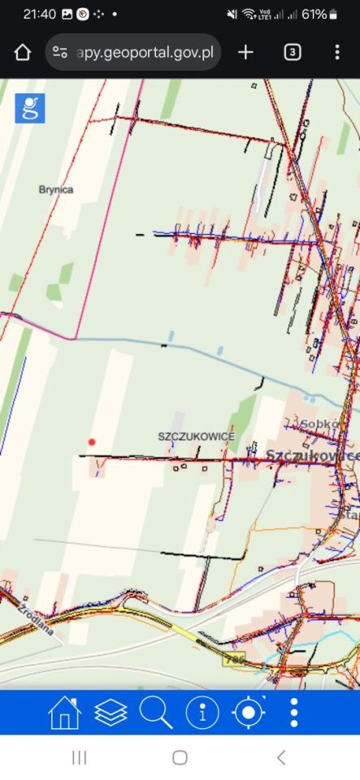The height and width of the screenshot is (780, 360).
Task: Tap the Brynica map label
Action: click(x=56, y=189)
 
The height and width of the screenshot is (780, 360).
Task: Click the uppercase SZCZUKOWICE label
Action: click(x=197, y=436)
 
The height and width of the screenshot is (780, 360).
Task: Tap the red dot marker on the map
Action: click(x=92, y=442)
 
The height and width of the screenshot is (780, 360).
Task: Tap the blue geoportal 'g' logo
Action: click(x=30, y=108)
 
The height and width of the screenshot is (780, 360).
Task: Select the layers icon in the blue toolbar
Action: click(x=111, y=713)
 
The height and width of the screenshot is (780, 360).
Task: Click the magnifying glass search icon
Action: click(x=156, y=713)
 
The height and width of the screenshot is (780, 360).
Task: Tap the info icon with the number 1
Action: click(x=202, y=713)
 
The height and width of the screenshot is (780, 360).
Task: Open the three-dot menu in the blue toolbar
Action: click(x=294, y=713)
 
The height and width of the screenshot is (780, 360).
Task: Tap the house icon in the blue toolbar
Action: click(x=65, y=713)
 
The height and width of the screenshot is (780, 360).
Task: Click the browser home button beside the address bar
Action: click(x=22, y=52)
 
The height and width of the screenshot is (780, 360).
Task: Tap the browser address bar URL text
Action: click(x=145, y=52)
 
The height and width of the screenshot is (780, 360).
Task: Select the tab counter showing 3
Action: click(x=293, y=52)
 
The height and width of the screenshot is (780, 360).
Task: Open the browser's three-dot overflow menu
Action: click(x=337, y=52)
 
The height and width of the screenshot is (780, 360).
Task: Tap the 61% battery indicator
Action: click(x=319, y=15)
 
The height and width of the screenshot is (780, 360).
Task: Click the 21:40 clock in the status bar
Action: click(x=39, y=15)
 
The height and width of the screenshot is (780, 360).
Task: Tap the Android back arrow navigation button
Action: click(x=281, y=757)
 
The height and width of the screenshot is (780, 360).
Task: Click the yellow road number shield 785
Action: click(x=234, y=661)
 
